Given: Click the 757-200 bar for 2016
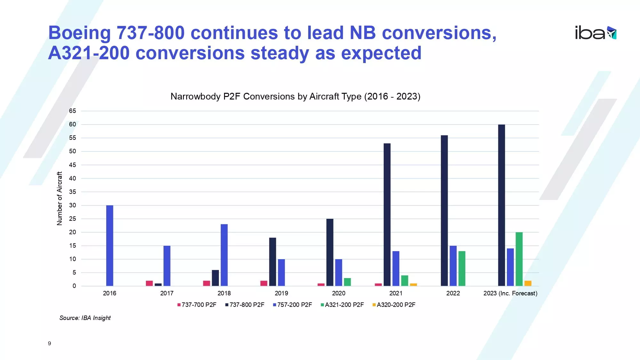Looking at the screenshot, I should (109, 245).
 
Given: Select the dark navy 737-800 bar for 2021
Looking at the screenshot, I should (387, 214).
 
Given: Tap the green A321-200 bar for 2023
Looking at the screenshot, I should (519, 259).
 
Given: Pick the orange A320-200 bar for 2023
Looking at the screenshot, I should (528, 283).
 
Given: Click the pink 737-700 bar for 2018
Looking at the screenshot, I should (206, 283).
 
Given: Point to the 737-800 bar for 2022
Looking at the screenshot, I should (444, 211).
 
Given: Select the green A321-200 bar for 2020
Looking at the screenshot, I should (347, 282).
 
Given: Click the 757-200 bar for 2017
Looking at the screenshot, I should (167, 266).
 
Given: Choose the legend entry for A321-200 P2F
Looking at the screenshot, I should (342, 305).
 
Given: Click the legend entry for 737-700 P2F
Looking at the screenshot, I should (197, 305).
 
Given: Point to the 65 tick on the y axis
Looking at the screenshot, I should (73, 111).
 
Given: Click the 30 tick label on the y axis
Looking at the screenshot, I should (73, 205).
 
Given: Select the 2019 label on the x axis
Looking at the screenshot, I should (281, 293).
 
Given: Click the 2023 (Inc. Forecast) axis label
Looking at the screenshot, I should (510, 293).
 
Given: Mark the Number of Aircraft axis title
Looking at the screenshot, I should (60, 198).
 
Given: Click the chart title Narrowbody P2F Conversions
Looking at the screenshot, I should (295, 96).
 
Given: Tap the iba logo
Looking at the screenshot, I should (595, 33).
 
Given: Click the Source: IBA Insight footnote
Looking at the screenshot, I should (85, 318).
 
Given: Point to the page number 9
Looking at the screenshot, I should (49, 343).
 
